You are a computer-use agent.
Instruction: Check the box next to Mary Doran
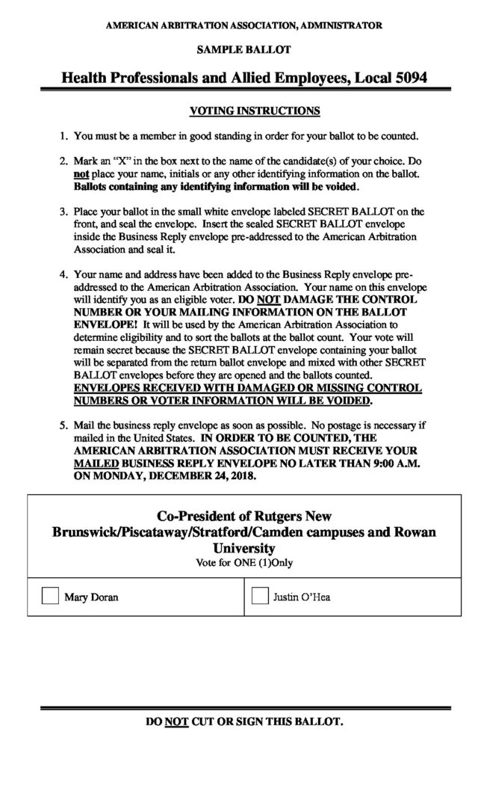click(x=50, y=596)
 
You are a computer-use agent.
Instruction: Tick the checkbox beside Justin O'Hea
click(x=260, y=596)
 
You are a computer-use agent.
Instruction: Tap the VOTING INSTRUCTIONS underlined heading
click(x=255, y=111)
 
